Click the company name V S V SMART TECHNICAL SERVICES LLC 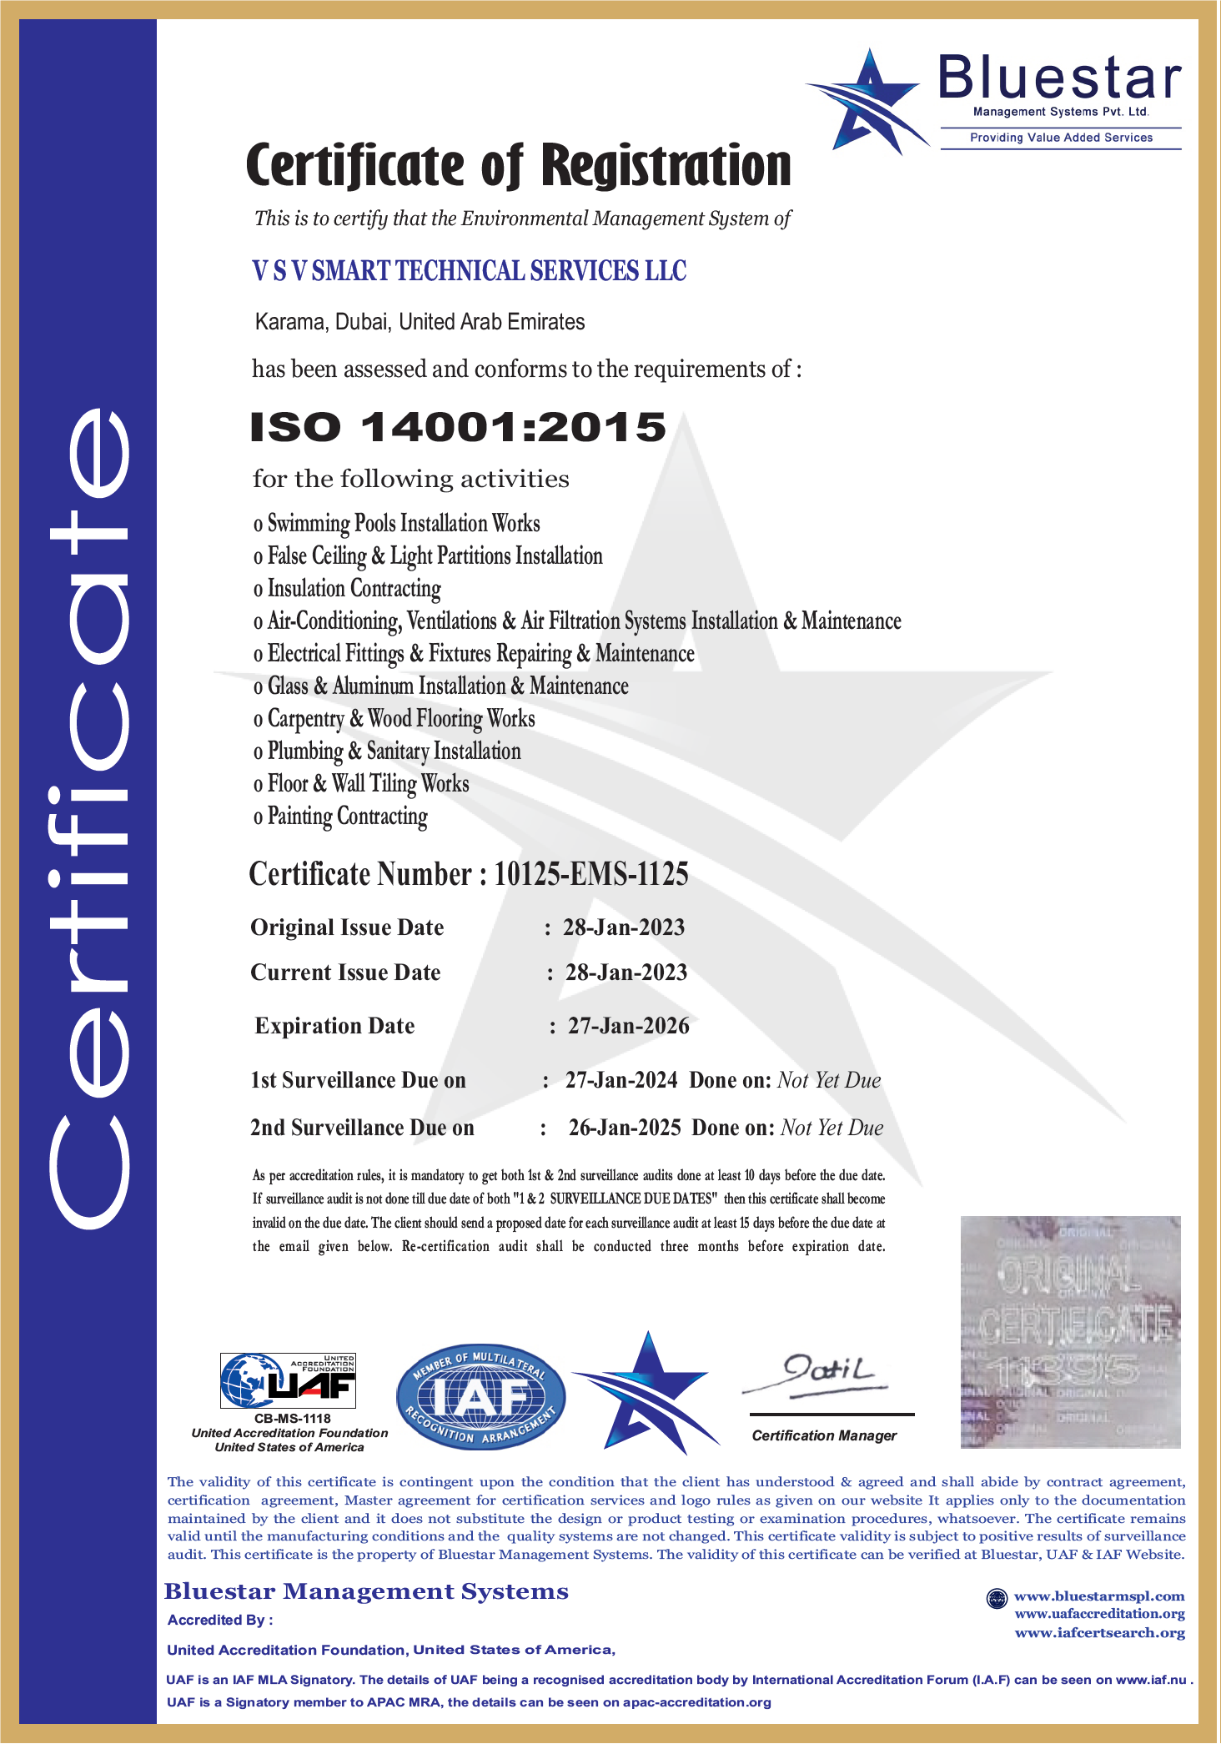pyautogui.click(x=469, y=271)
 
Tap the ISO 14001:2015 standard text pyautogui.click(x=458, y=427)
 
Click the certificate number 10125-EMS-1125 pyautogui.click(x=590, y=874)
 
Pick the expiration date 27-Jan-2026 pyautogui.click(x=628, y=1026)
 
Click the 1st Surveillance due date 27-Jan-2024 pyautogui.click(x=621, y=1080)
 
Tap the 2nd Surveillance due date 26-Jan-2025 pyautogui.click(x=624, y=1128)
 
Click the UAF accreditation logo pyautogui.click(x=289, y=1380)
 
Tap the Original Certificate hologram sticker pyautogui.click(x=1070, y=1332)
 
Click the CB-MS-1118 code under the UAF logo pyautogui.click(x=292, y=1418)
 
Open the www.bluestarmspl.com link pyautogui.click(x=1098, y=1596)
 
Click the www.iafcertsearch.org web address pyautogui.click(x=1099, y=1632)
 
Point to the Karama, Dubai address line pyautogui.click(x=420, y=322)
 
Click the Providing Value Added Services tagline pyautogui.click(x=1061, y=138)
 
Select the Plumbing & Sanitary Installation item pyautogui.click(x=394, y=751)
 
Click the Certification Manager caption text pyautogui.click(x=824, y=1435)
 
